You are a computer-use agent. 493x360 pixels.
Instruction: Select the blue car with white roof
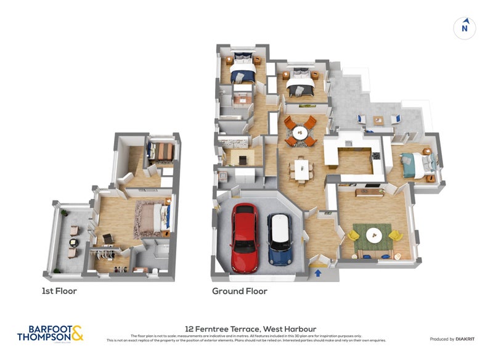click(279, 239)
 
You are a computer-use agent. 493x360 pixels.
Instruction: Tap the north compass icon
click(465, 28)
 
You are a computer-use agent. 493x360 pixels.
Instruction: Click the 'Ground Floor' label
click(239, 291)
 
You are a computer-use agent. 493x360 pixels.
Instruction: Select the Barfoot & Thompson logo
click(50, 333)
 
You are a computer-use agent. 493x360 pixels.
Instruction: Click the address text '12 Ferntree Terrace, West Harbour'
click(246, 329)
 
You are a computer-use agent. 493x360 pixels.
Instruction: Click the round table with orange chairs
click(299, 131)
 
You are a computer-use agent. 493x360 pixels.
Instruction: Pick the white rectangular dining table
click(301, 169)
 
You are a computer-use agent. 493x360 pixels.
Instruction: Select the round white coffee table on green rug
click(374, 235)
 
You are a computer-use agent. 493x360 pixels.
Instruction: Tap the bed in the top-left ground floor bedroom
click(242, 70)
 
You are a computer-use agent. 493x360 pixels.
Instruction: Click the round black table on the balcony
click(73, 243)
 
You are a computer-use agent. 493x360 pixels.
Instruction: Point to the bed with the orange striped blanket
click(162, 152)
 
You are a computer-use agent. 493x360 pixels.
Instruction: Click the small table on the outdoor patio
click(378, 120)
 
